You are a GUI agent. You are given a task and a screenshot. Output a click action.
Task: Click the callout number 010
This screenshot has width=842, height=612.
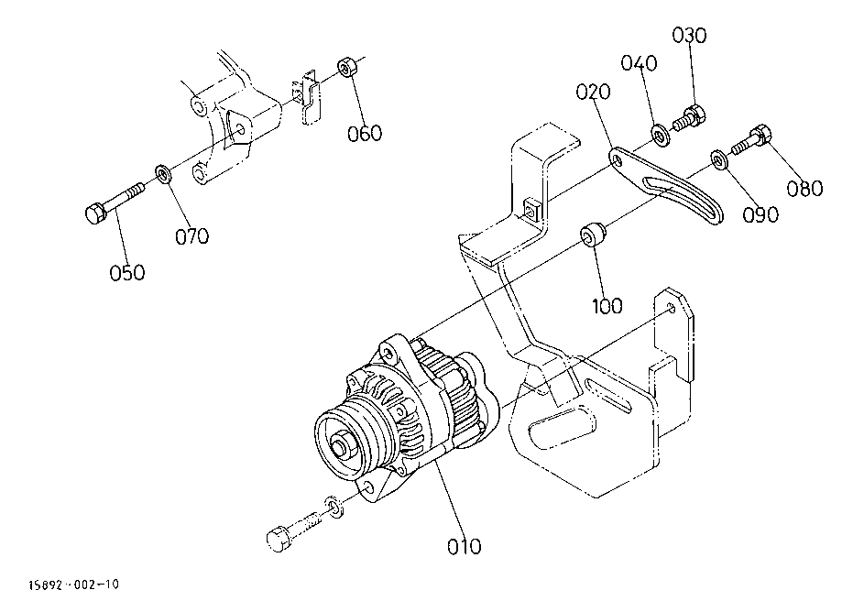(x=464, y=547)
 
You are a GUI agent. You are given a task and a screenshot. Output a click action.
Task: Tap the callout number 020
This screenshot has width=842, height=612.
(x=594, y=92)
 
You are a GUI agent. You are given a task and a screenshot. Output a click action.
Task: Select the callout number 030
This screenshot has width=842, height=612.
(x=690, y=36)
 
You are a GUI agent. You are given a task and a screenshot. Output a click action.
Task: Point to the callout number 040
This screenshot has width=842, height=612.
(x=639, y=63)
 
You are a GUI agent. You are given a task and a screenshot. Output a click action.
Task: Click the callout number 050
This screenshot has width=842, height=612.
(x=127, y=273)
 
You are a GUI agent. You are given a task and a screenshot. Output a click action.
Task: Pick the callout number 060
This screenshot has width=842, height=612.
(x=365, y=133)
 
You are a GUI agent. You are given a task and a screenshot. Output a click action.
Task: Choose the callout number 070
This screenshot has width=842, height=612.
(x=192, y=236)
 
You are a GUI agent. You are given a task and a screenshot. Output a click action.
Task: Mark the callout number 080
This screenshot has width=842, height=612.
(x=804, y=189)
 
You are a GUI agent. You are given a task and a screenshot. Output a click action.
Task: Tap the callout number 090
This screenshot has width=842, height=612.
(x=760, y=214)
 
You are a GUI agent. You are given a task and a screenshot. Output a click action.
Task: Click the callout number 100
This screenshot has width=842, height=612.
(x=607, y=306)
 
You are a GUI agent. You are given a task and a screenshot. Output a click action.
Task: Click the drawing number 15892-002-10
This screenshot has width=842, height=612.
(x=73, y=585)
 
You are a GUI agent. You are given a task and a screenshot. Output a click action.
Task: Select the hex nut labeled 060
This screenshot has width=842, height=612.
(x=347, y=67)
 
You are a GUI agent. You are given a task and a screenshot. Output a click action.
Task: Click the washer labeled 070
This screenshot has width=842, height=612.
(x=163, y=174)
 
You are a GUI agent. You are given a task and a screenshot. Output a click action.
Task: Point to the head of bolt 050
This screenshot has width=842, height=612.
(x=95, y=213)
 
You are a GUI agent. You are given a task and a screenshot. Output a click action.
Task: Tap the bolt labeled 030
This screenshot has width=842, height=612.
(x=690, y=118)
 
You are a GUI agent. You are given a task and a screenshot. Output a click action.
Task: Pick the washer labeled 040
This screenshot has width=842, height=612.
(x=660, y=135)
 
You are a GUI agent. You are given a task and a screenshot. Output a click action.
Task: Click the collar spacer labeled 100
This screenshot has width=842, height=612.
(x=593, y=234)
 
